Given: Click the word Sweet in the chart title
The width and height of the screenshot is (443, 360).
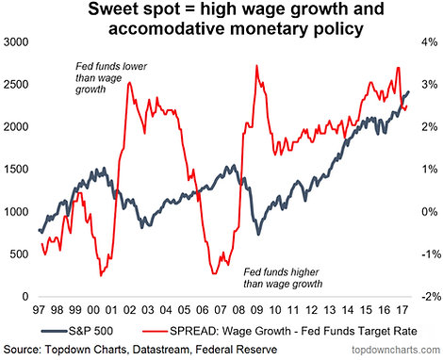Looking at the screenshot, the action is (x=111, y=9).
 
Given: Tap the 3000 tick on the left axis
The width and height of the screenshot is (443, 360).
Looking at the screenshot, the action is (x=16, y=42).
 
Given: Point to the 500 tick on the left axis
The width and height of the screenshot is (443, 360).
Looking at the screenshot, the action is (x=19, y=254).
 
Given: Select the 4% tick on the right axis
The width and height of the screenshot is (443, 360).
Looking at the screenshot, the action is (x=430, y=42).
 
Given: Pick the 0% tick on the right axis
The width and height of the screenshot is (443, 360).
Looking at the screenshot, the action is (x=430, y=212).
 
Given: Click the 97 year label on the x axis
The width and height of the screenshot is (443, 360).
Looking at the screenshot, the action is (x=40, y=310).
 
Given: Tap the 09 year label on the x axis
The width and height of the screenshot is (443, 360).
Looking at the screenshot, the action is (x=256, y=310).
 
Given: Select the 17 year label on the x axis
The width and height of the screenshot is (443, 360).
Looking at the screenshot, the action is (x=402, y=310).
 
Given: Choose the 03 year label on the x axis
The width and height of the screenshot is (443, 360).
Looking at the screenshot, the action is (x=148, y=310).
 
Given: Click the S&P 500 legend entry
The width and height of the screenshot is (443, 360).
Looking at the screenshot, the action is (x=77, y=331).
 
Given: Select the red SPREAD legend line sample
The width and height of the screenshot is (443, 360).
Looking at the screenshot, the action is (x=155, y=331).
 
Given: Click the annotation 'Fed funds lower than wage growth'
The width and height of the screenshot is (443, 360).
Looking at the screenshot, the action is (x=111, y=78).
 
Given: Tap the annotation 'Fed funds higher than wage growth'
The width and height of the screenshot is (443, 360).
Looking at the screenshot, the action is (x=283, y=278).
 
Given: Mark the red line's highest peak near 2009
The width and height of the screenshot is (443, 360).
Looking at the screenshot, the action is (x=256, y=66).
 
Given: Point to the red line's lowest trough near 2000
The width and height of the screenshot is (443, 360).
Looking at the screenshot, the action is (x=101, y=276).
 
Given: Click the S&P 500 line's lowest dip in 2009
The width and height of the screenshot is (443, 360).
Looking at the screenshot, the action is (x=258, y=235).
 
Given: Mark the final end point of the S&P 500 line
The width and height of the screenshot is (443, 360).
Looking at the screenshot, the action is (x=409, y=91).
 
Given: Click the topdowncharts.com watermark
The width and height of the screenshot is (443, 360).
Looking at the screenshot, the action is (x=396, y=350).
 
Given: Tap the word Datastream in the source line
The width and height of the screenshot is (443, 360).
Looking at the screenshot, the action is (x=158, y=350).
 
